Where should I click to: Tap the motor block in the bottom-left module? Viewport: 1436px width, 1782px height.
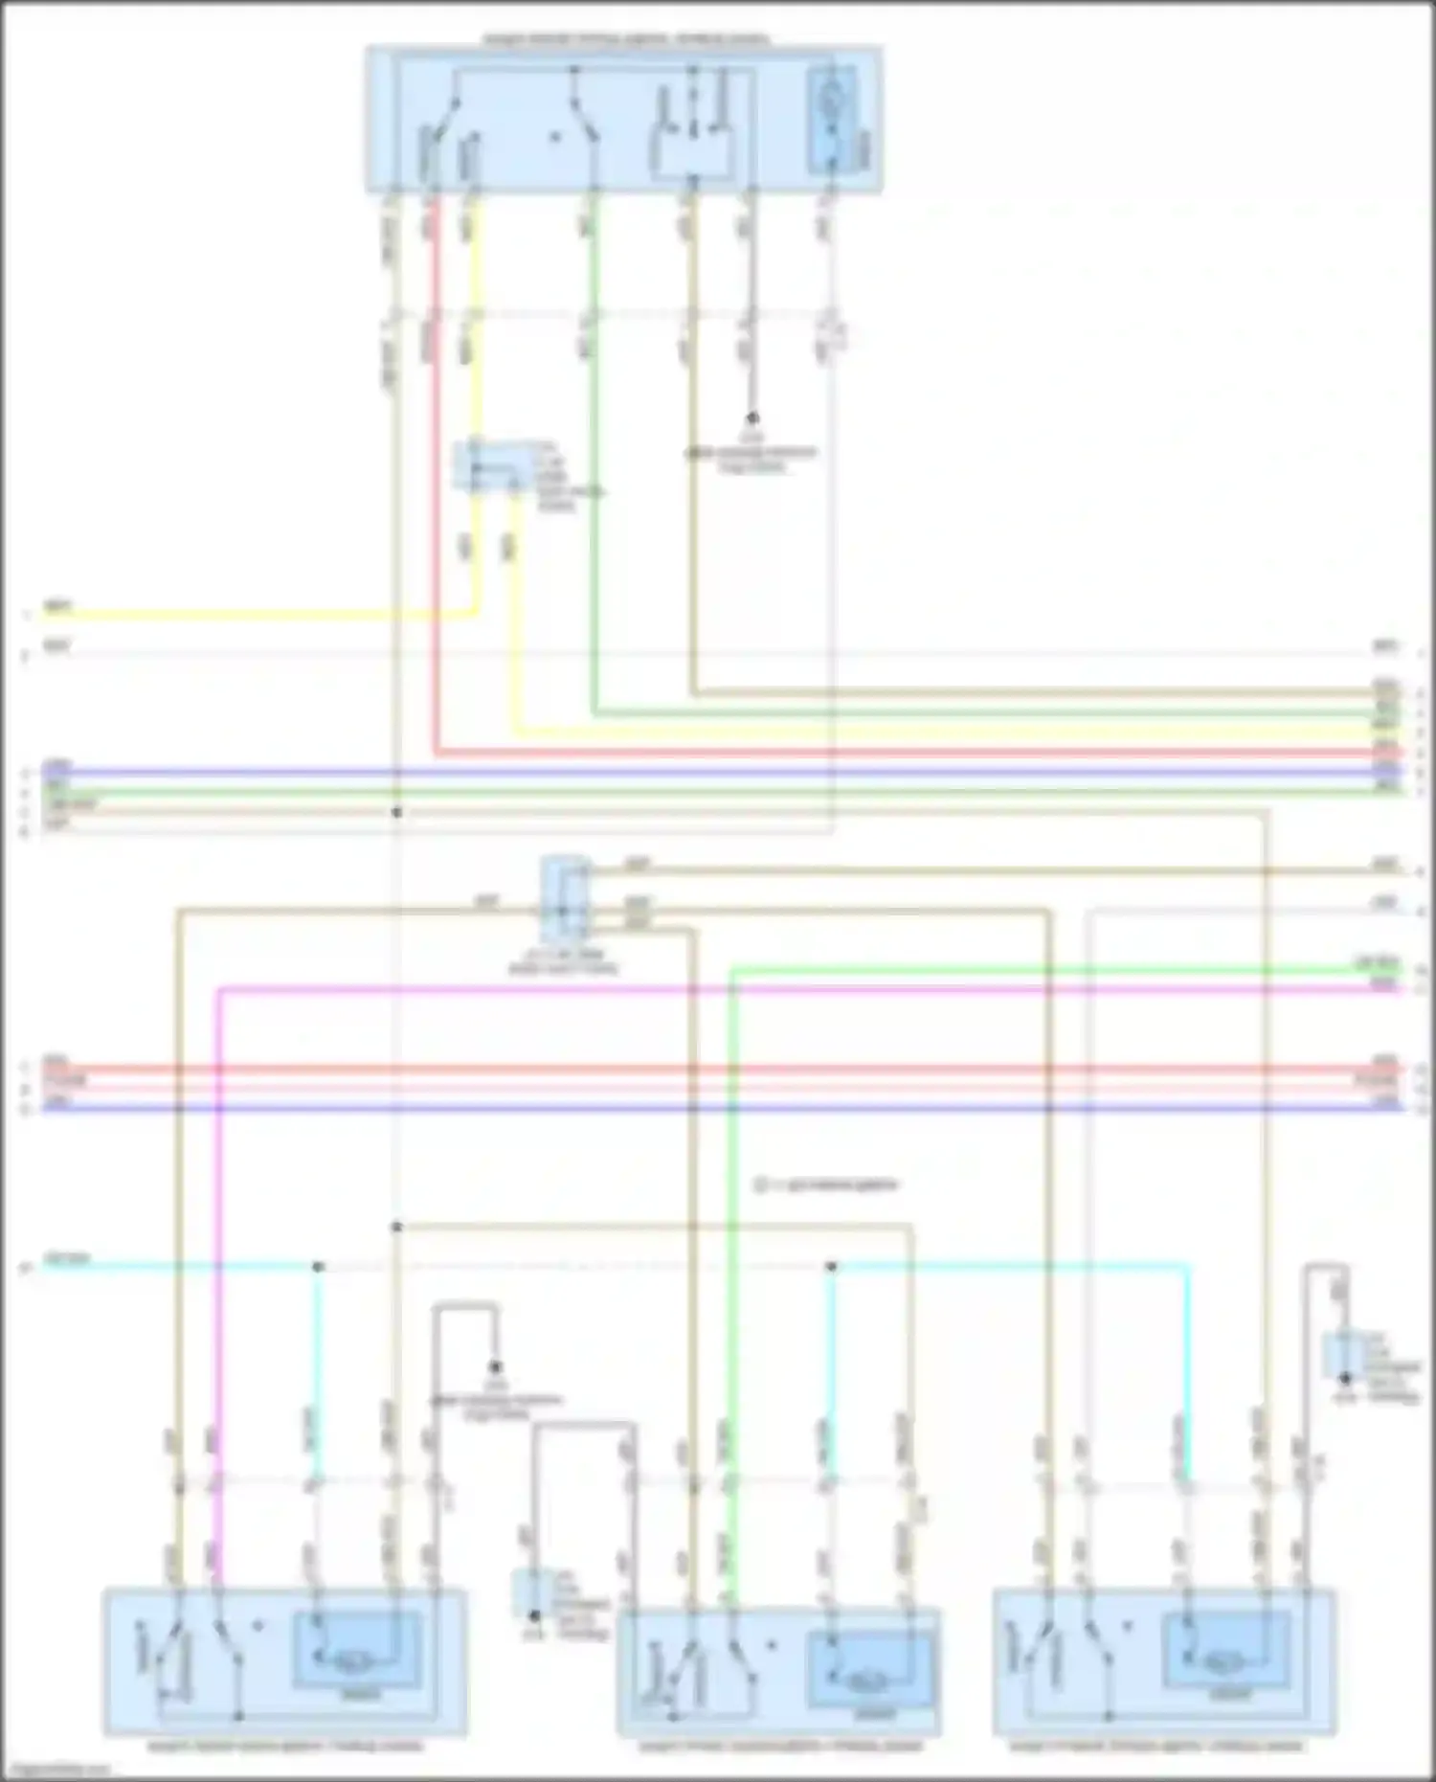point(356,1650)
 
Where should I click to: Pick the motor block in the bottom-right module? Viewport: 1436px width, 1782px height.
point(1224,1650)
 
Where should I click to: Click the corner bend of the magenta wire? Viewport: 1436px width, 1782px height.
point(220,987)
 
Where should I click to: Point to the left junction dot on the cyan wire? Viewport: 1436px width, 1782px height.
point(319,1267)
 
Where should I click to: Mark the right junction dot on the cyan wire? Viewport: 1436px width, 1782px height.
point(831,1267)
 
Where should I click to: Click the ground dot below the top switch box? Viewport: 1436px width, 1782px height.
point(752,418)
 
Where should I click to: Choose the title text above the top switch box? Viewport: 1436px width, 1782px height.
point(624,39)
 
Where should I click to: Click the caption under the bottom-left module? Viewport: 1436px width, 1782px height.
point(285,1746)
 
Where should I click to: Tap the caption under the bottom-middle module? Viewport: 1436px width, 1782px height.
point(779,1746)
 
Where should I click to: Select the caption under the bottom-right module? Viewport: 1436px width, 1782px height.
point(1156,1746)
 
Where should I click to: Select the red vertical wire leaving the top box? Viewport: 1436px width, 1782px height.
point(435,479)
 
